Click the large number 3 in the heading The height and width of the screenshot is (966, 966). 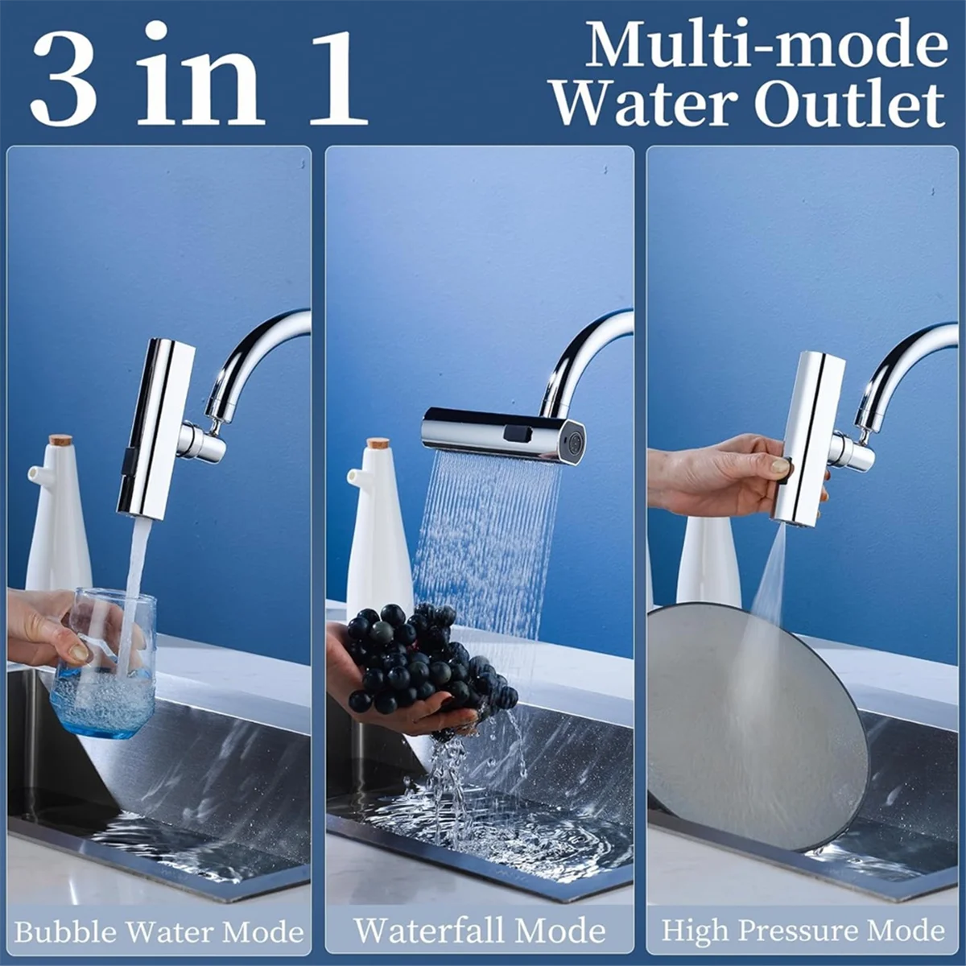coord(64,78)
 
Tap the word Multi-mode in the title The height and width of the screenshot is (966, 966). coord(766,45)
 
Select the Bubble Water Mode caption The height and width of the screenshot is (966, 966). coord(159,932)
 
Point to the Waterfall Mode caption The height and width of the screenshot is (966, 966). coord(480,931)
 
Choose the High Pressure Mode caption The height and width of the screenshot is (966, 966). coord(803,931)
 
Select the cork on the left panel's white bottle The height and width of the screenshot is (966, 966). coord(59,441)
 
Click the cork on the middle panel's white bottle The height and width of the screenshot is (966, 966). coord(378,444)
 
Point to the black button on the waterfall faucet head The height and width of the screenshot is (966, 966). coord(517,433)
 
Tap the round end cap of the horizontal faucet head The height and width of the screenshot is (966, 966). coord(573,443)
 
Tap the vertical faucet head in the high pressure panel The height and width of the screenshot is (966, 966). coord(809,439)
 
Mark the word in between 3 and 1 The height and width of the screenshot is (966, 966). coord(201,78)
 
